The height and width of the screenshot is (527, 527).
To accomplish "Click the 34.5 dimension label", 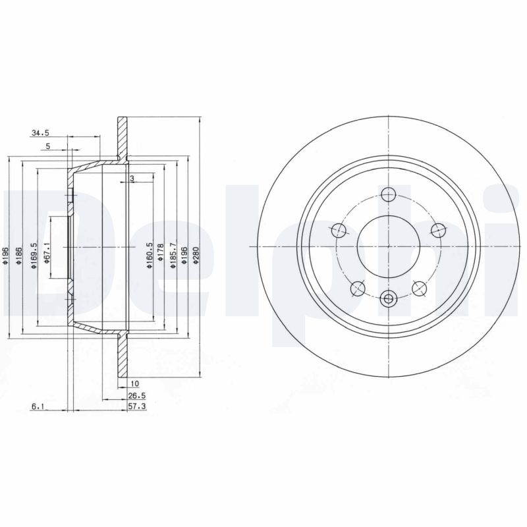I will [41, 133].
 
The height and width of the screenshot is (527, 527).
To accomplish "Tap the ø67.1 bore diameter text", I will [47, 253].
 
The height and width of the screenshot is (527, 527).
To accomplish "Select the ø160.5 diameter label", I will [150, 253].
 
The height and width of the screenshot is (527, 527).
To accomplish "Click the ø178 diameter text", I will [160, 253].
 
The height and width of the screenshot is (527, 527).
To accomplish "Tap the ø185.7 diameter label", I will [173, 253].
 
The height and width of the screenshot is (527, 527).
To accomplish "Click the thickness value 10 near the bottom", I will [134, 383].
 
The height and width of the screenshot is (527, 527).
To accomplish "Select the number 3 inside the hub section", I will [132, 179].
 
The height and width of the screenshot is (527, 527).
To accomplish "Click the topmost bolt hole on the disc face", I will [388, 194].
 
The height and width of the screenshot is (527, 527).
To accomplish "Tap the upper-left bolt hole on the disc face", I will [339, 230].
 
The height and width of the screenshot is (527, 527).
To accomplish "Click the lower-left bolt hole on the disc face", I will [358, 287].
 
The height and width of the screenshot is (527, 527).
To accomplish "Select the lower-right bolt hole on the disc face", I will [419, 287].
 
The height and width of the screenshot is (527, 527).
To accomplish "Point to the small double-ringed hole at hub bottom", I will [388, 300].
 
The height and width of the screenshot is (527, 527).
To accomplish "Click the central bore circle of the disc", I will [388, 247].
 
